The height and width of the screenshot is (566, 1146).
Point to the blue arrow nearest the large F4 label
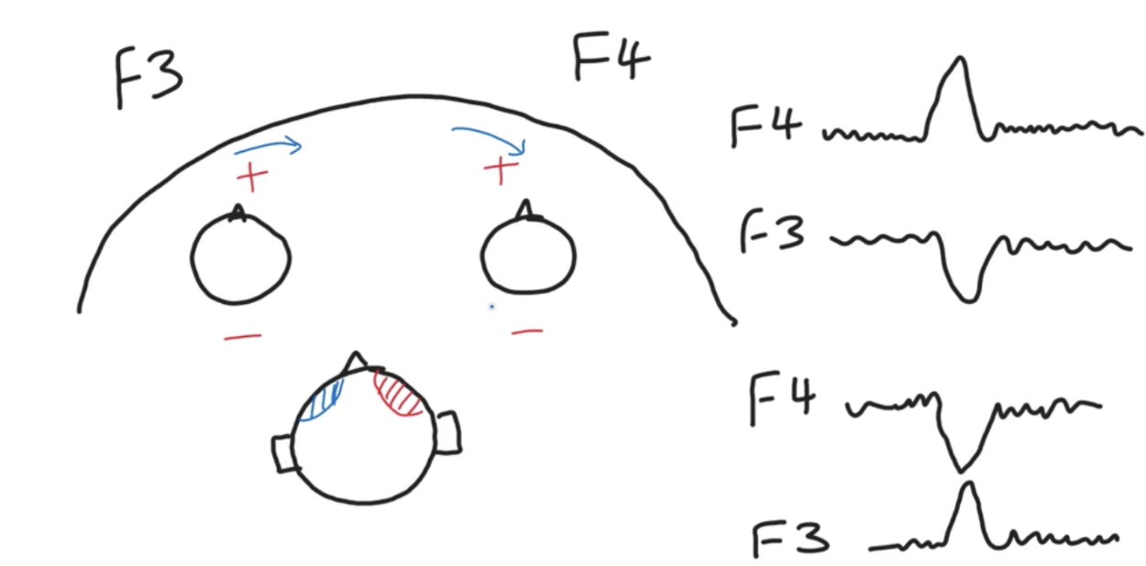tap(490, 138)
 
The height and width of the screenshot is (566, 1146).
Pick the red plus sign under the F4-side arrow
tap(501, 168)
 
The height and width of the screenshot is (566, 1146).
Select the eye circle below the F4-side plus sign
tap(528, 254)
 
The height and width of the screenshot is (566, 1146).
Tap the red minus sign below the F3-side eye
tap(242, 337)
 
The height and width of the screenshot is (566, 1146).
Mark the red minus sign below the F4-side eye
tap(526, 331)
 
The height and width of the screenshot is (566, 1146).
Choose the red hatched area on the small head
tap(399, 395)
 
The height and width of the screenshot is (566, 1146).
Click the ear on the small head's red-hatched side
tap(448, 431)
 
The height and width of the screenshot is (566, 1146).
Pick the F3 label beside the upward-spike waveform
tap(790, 539)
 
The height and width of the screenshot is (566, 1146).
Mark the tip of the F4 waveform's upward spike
tap(959, 59)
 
